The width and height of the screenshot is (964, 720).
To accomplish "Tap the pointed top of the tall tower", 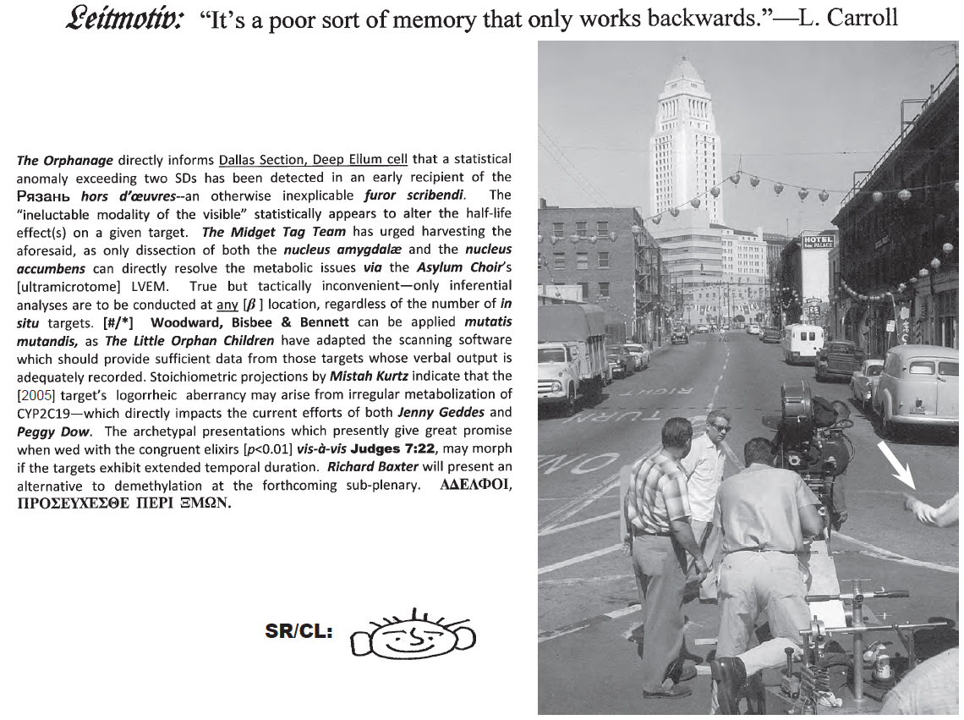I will point(684,68).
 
